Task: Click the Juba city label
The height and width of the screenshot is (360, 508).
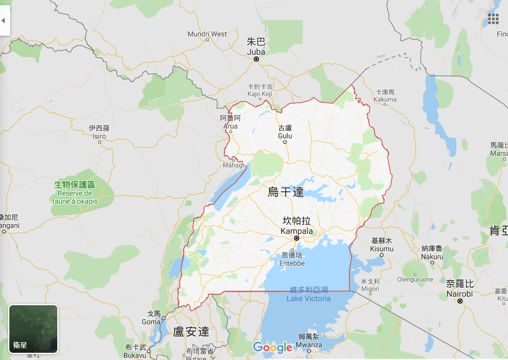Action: [256, 47]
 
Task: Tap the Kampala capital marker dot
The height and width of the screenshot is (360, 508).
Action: [297, 238]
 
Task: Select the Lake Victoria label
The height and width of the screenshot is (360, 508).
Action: [309, 294]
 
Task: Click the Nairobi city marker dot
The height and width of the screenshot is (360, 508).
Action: [460, 301]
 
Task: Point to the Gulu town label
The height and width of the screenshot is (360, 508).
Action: [285, 132]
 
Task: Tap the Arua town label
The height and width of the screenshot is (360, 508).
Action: [230, 122]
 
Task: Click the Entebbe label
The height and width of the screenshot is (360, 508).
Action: [292, 259]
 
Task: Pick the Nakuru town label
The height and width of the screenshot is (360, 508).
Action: [432, 253]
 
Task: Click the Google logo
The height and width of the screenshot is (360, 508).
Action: [272, 347]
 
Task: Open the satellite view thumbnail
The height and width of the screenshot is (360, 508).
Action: [33, 329]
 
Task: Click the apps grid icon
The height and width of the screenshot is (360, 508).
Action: [493, 19]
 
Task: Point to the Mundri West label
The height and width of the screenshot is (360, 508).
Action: [207, 34]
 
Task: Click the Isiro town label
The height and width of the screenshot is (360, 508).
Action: [99, 132]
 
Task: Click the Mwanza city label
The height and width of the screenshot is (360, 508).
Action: [309, 340]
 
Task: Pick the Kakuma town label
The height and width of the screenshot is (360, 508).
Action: [385, 96]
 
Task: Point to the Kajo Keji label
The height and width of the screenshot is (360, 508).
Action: [260, 90]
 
